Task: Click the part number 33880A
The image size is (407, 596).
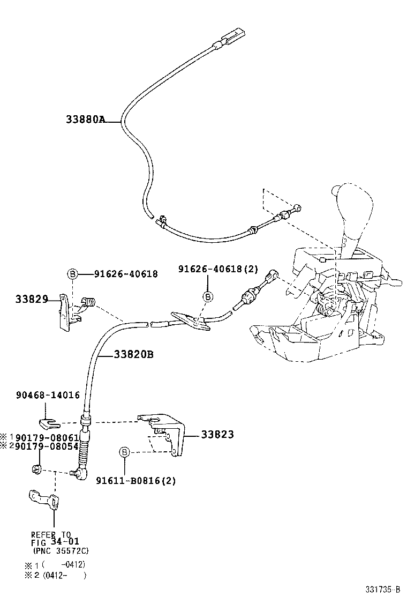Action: point(85,120)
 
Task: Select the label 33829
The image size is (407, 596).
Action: point(32,299)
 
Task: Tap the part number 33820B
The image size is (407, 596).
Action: point(133,354)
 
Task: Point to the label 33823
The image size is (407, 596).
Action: point(217,435)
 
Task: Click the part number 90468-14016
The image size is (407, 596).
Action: point(48,395)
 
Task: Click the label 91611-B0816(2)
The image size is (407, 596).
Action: point(136,481)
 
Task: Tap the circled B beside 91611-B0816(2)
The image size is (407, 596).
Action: point(124,453)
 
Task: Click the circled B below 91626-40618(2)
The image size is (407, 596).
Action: point(208,296)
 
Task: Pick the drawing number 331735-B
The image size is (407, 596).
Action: point(382,589)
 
